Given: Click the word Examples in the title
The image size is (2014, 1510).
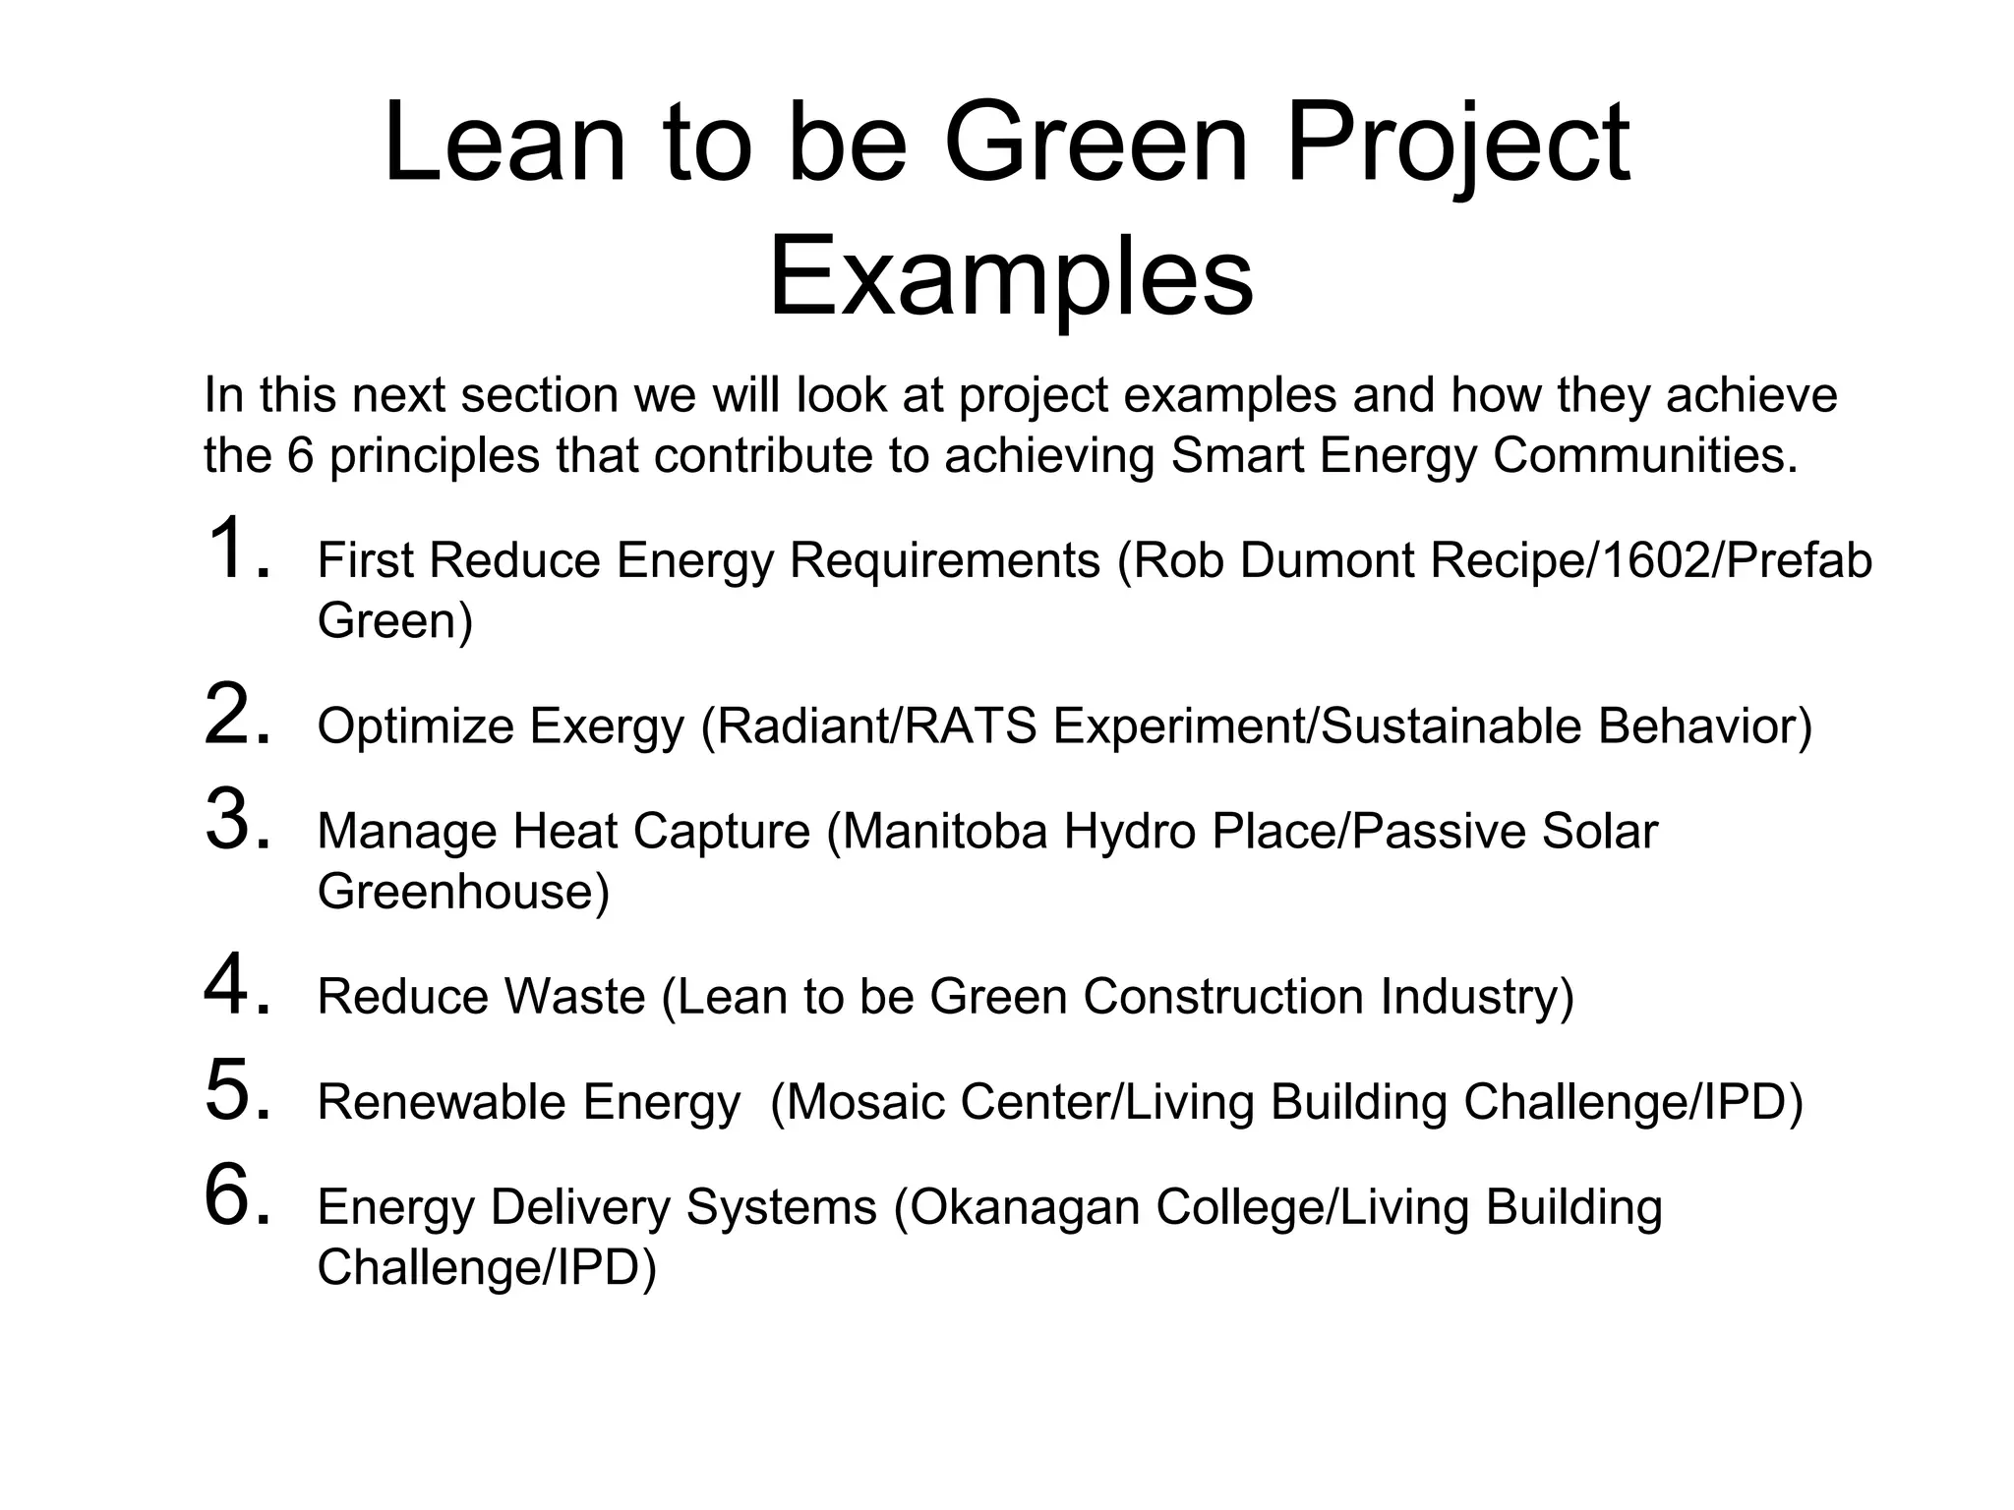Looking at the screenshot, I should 1010,278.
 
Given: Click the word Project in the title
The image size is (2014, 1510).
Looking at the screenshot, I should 1457,145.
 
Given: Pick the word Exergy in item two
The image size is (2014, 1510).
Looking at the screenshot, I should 606,726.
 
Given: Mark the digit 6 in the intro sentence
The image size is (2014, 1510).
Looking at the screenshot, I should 300,455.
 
